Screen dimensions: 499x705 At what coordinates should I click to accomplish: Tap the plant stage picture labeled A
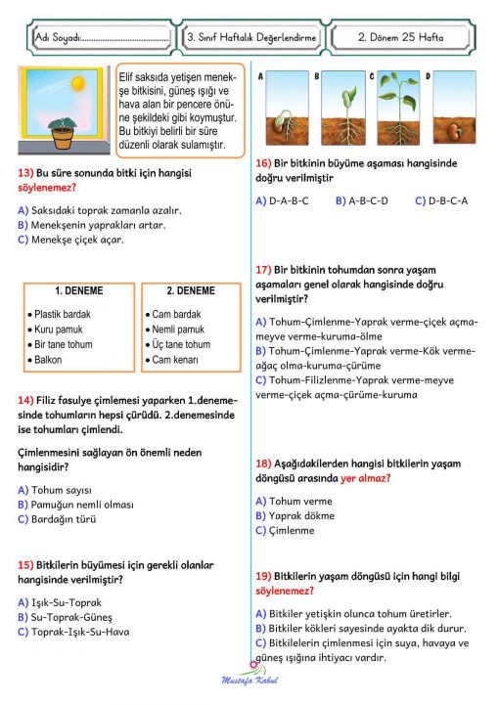coord(282,108)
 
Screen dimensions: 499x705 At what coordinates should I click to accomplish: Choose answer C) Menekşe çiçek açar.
coord(70,240)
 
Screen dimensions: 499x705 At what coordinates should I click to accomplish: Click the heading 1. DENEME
coord(79,291)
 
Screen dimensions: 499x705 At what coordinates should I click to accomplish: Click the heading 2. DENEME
coord(190,291)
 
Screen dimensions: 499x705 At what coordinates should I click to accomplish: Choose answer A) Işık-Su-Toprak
coord(60,602)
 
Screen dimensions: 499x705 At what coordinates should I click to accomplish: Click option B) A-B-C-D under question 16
coord(362,200)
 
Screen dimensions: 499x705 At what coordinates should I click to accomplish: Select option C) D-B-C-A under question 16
coord(441,200)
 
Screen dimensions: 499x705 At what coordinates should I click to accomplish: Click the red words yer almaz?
coord(365,478)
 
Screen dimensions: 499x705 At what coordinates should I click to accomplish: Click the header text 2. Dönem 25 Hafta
coord(400,38)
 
